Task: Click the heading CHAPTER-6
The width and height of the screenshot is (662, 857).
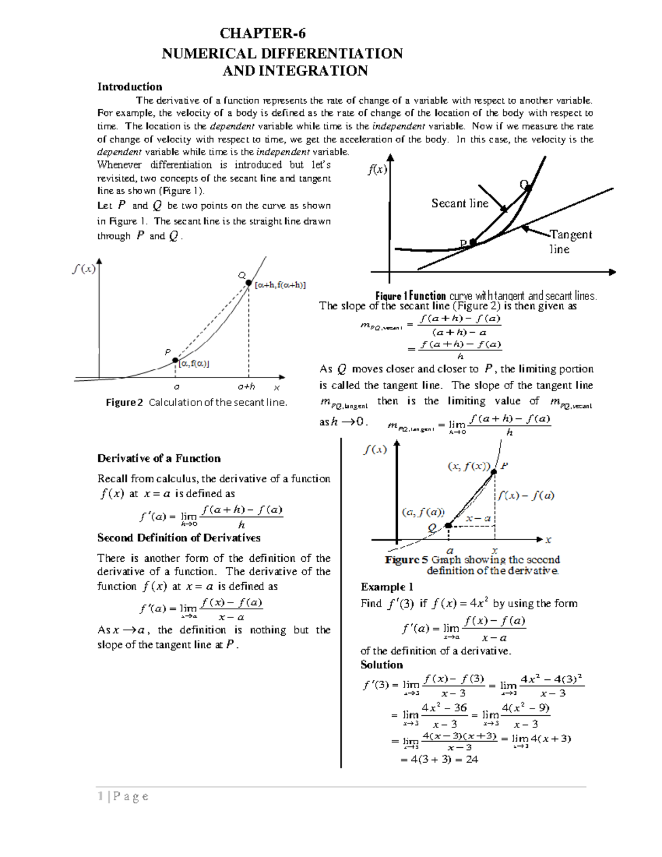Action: click(262, 34)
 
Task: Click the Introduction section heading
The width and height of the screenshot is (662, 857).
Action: click(130, 87)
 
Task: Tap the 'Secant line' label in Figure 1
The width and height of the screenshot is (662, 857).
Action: click(460, 204)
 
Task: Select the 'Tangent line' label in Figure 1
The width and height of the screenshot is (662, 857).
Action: click(570, 241)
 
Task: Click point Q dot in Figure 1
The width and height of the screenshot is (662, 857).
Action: click(528, 188)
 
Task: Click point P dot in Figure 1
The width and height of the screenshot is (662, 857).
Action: click(473, 242)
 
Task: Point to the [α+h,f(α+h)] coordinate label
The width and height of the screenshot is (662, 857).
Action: click(280, 285)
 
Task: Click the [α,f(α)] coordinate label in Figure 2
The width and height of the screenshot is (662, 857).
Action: click(194, 363)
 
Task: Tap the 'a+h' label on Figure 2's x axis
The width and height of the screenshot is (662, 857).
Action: click(246, 387)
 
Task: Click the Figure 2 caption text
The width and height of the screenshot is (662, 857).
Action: click(196, 402)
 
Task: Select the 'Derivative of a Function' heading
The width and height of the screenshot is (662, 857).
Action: click(159, 459)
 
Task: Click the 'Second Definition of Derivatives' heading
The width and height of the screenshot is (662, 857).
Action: click(179, 538)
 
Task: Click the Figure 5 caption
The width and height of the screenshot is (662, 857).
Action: click(473, 565)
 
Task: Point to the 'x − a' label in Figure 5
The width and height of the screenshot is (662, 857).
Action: click(478, 518)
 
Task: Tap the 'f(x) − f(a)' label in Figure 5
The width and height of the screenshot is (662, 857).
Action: click(526, 496)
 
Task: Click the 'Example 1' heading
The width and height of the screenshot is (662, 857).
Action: click(387, 587)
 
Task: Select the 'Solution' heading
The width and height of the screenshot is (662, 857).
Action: click(381, 665)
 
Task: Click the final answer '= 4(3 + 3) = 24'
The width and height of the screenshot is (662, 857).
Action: click(439, 759)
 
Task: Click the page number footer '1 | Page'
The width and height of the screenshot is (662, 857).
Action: click(122, 796)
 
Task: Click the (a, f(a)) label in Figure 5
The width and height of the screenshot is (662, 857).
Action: click(423, 512)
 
